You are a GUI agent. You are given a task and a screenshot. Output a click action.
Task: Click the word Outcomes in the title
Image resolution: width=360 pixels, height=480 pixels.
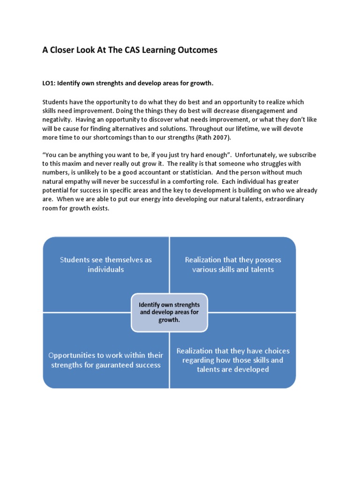pos(197,50)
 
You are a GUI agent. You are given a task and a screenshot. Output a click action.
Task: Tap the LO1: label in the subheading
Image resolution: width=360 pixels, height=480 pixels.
pos(50,83)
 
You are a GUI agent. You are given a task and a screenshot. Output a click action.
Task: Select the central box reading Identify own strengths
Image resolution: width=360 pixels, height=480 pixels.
pos(169,312)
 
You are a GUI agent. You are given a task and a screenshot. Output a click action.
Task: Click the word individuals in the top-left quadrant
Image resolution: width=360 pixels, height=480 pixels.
pos(106,270)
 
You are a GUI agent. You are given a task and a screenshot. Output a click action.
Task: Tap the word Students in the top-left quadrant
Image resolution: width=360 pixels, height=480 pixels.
pos(75,260)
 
